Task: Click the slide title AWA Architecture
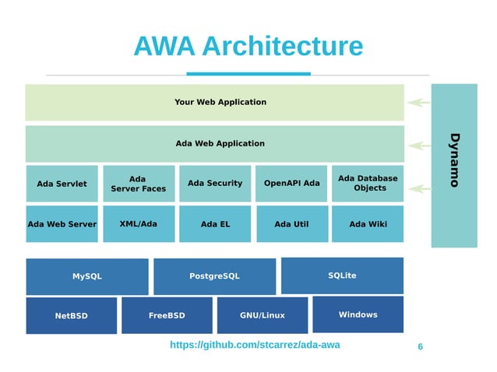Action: (x=248, y=47)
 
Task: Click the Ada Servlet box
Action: (x=62, y=184)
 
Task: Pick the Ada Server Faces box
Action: (x=138, y=184)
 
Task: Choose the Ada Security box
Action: (x=215, y=184)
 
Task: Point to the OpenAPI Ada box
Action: (x=291, y=184)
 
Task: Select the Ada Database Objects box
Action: (x=368, y=184)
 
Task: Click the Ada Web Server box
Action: (x=62, y=224)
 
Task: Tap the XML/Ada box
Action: (x=138, y=224)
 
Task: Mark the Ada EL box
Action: (x=215, y=224)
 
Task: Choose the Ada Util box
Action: (x=291, y=224)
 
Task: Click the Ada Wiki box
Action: (x=368, y=224)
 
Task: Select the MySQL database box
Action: (x=86, y=276)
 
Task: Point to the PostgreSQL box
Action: (x=214, y=276)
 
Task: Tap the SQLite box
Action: (x=342, y=275)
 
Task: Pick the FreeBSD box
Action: (x=167, y=315)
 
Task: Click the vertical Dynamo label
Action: (x=454, y=160)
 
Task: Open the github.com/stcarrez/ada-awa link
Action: (x=255, y=345)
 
